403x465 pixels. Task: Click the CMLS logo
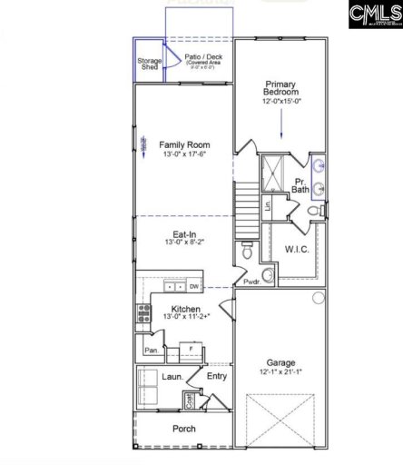coord(373,16)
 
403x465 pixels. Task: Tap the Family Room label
coord(184,144)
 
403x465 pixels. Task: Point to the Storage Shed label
coord(150,64)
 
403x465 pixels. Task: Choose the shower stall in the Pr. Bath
coord(273,173)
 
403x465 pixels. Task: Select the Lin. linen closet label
coord(269,205)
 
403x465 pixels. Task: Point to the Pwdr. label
coord(251,283)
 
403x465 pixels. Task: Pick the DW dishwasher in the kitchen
coord(194,286)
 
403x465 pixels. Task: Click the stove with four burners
coord(143,314)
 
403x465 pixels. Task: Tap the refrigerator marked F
coord(190,348)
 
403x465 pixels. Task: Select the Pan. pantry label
coord(148,349)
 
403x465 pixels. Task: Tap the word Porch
coord(184,429)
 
